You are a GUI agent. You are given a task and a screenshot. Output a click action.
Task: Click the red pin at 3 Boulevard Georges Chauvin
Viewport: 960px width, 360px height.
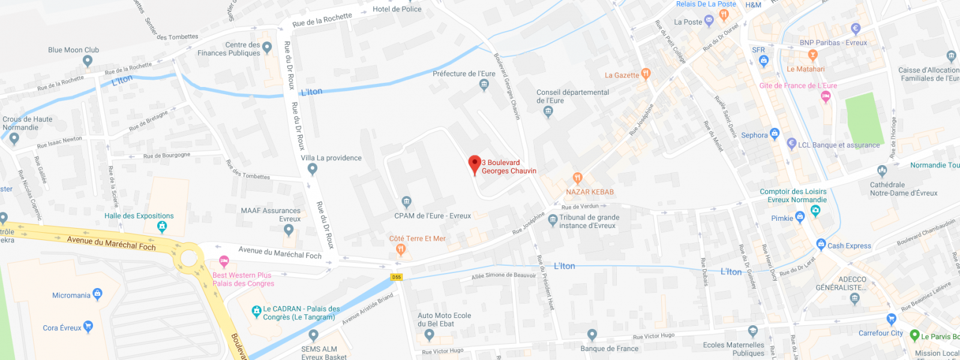click(475, 164)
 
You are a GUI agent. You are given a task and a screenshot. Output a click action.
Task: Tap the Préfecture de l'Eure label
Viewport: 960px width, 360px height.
click(464, 74)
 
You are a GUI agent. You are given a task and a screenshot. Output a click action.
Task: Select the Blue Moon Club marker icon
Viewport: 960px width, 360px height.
click(88, 61)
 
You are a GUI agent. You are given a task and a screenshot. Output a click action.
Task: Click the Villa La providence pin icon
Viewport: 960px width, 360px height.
click(312, 169)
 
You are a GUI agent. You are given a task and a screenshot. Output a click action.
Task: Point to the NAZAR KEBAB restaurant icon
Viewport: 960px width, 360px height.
click(577, 178)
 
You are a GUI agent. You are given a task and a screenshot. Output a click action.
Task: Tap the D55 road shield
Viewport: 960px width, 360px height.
click(397, 277)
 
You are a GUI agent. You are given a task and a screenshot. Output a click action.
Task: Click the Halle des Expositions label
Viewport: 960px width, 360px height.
click(139, 216)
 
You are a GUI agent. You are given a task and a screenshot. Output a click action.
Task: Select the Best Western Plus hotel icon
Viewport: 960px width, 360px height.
click(224, 261)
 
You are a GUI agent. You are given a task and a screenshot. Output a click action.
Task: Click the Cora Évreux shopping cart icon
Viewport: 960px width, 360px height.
click(88, 327)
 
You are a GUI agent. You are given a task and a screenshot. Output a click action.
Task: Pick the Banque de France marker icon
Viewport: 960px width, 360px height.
click(592, 335)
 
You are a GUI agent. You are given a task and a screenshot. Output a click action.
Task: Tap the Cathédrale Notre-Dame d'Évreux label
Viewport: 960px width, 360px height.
click(903, 189)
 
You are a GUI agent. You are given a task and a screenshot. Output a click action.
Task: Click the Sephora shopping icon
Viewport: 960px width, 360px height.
click(775, 133)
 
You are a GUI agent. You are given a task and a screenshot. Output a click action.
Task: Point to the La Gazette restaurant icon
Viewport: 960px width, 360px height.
click(646, 74)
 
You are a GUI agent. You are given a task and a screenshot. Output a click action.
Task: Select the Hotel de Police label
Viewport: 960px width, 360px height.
click(397, 9)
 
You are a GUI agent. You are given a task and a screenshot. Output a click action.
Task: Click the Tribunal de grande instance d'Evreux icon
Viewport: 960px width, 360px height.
click(553, 220)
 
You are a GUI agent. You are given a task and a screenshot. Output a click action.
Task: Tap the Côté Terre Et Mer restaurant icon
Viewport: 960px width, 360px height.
click(401, 250)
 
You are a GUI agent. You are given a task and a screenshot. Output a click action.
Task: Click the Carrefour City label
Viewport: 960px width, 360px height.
click(880, 333)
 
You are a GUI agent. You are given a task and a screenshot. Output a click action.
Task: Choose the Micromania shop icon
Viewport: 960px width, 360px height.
click(98, 294)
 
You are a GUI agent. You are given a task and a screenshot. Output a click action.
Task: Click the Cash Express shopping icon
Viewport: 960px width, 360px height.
click(821, 244)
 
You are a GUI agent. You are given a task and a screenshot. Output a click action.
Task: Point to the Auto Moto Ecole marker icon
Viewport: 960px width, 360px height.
click(428, 335)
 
